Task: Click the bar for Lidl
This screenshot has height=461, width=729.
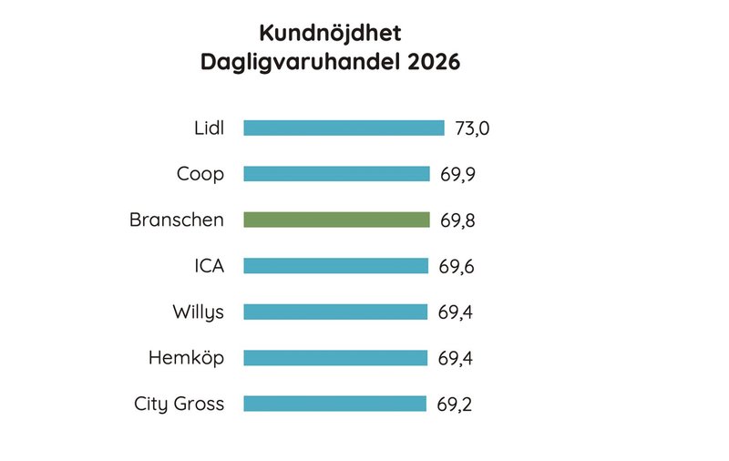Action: point(344,128)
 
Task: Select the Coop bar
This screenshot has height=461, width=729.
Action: point(336,173)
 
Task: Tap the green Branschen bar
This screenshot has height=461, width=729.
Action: point(336,220)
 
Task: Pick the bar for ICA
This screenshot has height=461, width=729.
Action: point(335,266)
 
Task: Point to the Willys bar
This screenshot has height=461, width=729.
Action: point(334,312)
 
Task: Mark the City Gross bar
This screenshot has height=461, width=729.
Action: point(334,404)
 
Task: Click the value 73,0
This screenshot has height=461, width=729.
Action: point(472,128)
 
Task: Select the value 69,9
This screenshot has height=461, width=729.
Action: point(457,174)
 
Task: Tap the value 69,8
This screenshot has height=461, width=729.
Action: point(457,220)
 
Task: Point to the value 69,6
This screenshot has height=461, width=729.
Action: point(457,267)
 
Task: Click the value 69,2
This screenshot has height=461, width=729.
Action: point(456,405)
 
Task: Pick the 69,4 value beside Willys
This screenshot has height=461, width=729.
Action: point(456,312)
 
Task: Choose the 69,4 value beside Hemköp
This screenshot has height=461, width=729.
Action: point(456,359)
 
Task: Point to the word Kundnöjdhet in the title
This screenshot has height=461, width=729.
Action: point(330,34)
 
